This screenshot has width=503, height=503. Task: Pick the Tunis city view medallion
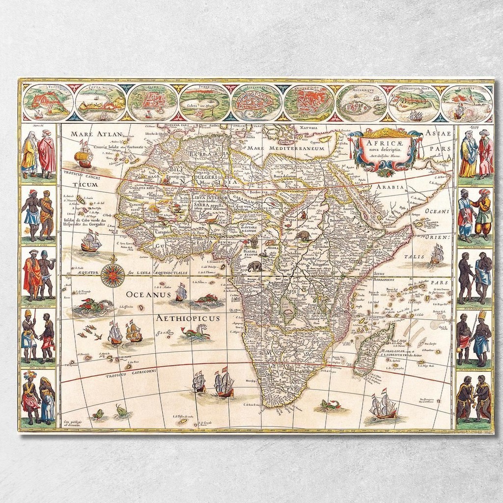click(x=204, y=102)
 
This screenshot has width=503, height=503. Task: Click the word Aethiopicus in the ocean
click(x=188, y=318)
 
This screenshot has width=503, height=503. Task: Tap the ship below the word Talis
click(x=436, y=254)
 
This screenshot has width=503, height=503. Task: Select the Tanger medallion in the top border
click(x=48, y=102)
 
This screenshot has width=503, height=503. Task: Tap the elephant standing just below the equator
click(x=255, y=267)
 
